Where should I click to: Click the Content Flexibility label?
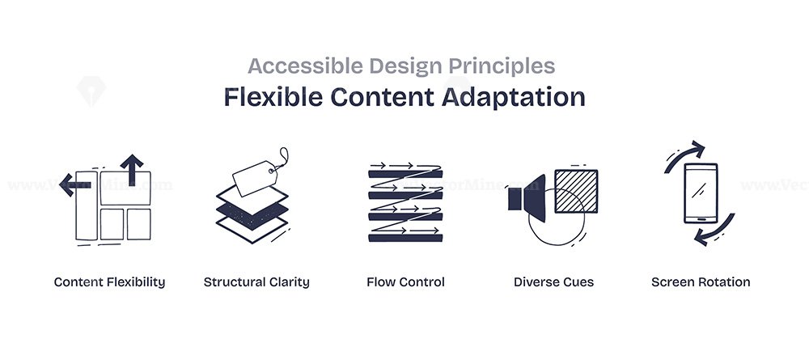[x=109, y=282]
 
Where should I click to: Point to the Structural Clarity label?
[x=256, y=282]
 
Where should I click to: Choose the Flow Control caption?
[x=405, y=282]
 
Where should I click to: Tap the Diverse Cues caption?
[x=553, y=282]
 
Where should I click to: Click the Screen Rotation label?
[x=701, y=282]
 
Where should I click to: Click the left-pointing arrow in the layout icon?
[x=75, y=184]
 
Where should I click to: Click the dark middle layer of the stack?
[x=252, y=215]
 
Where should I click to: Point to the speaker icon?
[x=527, y=198]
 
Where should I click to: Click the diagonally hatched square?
[x=576, y=191]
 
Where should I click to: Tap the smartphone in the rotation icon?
[x=701, y=193]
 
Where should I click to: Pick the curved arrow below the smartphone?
[x=716, y=231]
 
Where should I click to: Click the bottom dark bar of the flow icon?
[x=405, y=239]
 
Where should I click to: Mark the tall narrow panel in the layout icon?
[x=87, y=205]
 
